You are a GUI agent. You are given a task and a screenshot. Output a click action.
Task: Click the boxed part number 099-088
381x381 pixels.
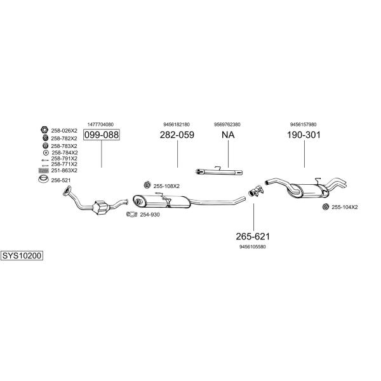102,135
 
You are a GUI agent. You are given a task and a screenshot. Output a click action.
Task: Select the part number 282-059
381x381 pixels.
177,135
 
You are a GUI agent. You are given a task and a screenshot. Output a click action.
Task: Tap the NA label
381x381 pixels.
227,135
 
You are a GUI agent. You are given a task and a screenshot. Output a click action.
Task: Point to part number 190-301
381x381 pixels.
304,135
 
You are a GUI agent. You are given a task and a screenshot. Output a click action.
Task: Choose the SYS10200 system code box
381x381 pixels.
22,256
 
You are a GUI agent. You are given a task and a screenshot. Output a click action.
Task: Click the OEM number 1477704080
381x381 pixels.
100,124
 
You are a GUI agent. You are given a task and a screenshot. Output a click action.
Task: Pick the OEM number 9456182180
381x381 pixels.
177,124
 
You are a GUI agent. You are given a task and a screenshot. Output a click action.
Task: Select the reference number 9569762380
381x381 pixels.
227,124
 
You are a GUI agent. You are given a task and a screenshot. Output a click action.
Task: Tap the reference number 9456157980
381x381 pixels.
304,124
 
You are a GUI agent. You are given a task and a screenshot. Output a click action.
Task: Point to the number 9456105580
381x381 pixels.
253,246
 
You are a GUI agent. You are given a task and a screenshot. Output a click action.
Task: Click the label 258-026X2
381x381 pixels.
64,130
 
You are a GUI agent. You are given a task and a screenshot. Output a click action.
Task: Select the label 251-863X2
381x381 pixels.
64,170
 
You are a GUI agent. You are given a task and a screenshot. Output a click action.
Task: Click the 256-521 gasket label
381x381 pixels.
62,180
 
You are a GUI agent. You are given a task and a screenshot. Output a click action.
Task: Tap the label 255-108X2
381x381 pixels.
166,186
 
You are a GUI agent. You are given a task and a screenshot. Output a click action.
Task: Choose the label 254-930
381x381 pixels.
150,215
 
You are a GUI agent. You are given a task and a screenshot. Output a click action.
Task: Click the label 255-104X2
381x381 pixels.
345,207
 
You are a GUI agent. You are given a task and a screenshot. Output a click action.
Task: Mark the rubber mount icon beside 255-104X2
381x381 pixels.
325,207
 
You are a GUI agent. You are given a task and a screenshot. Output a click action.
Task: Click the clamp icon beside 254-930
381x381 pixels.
131,215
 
